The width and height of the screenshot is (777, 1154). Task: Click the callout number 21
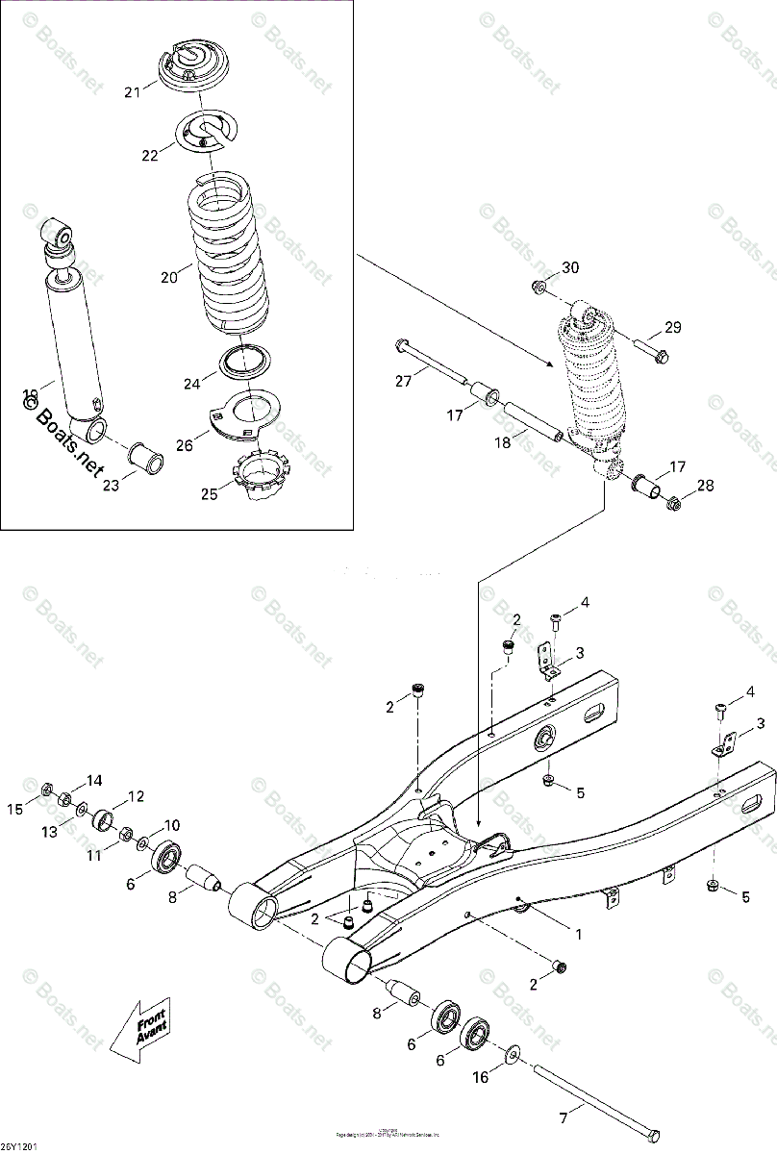[132, 92]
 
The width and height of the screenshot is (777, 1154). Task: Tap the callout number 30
[571, 266]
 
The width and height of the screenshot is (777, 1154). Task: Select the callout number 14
[94, 780]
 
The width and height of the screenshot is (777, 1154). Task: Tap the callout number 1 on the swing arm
[578, 933]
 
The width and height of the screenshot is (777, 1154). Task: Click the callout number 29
[671, 328]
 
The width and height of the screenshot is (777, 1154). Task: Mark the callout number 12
[136, 796]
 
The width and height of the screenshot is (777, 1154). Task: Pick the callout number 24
[192, 383]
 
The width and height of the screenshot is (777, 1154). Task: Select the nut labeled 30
[539, 287]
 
